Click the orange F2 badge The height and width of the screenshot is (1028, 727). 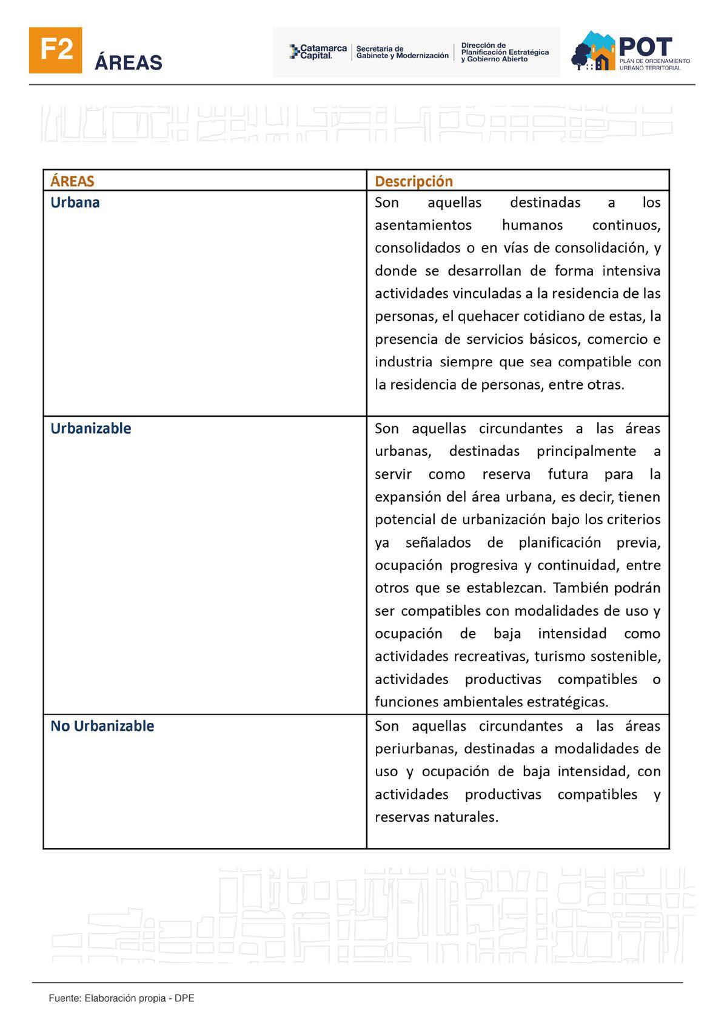point(55,50)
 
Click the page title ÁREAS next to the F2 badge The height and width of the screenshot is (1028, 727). point(129,62)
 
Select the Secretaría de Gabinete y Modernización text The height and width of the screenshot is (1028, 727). point(402,52)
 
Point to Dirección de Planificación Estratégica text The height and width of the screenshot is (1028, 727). point(504,52)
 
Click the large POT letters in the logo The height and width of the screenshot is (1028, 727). point(646,47)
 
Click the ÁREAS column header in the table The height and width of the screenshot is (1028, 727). point(72,181)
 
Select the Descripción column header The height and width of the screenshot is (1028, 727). point(414,181)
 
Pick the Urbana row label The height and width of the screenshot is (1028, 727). point(75,203)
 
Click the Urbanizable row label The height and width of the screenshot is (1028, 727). point(91,429)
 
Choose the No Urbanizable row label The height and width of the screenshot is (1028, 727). point(102,726)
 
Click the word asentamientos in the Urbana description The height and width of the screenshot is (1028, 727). point(423,225)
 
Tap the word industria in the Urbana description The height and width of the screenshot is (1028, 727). point(403,362)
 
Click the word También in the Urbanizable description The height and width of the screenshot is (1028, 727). point(581,588)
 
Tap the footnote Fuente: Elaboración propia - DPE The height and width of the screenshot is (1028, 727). point(121,998)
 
